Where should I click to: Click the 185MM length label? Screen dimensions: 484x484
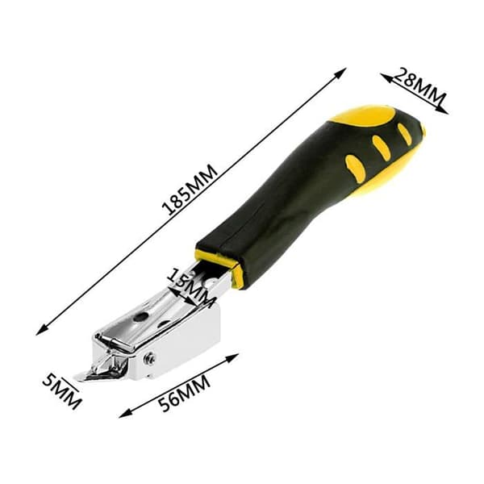pyautogui.click(x=190, y=190)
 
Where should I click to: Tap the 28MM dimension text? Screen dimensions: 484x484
pyautogui.click(x=420, y=86)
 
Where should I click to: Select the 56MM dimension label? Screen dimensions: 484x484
pyautogui.click(x=184, y=393)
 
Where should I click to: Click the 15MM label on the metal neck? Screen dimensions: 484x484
pyautogui.click(x=191, y=286)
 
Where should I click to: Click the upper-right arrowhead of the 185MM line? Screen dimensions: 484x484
pyautogui.click(x=341, y=73)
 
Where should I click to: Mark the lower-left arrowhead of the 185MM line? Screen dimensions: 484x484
pyautogui.click(x=41, y=330)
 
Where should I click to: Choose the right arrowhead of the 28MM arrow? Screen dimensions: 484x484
pyautogui.click(x=443, y=111)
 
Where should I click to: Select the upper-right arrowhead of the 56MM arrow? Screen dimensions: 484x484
pyautogui.click(x=233, y=357)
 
